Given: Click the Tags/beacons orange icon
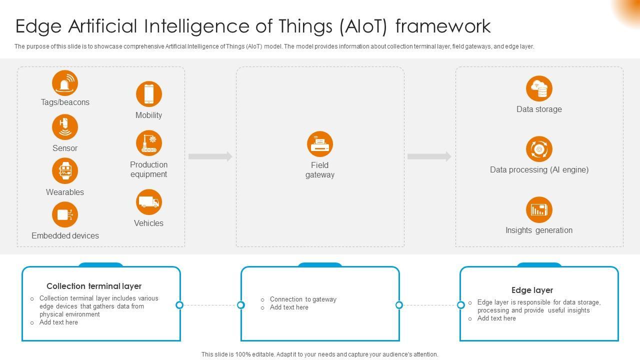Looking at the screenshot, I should click(65, 83).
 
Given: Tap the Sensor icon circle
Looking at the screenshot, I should click(65, 127).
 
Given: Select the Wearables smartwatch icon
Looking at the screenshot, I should click(65, 171).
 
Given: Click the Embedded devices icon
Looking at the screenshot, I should click(65, 215).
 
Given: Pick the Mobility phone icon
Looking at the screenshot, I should click(149, 94).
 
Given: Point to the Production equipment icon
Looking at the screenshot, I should click(149, 143).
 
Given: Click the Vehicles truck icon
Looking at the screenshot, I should click(149, 202).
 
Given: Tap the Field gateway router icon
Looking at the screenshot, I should click(320, 144).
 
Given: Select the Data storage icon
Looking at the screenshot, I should click(539, 88).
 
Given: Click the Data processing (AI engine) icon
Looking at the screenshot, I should click(539, 149).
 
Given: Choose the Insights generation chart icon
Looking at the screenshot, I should click(539, 209).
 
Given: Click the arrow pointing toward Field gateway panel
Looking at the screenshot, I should click(210, 156).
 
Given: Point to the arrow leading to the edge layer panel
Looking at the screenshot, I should click(429, 156).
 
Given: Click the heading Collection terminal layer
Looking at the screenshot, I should click(94, 286).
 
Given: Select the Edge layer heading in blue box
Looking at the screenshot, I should click(532, 290).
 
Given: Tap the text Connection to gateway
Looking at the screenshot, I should click(303, 299).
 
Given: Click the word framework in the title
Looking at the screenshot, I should click(443, 26).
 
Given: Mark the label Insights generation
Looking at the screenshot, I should click(539, 230).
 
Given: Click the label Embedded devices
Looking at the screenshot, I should click(65, 235).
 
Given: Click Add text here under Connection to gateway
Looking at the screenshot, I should click(289, 307).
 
